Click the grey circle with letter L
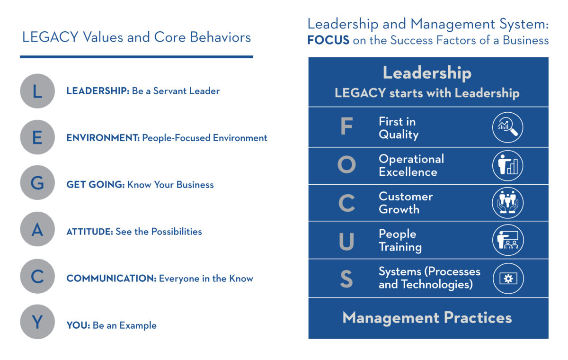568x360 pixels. coord(37,91)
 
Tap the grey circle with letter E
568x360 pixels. coord(37,137)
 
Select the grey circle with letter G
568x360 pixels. coord(37,183)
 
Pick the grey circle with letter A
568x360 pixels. coord(37,229)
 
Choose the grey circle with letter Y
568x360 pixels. coord(37,322)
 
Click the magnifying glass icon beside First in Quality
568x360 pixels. coord(507,127)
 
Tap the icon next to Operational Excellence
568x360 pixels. coord(507,165)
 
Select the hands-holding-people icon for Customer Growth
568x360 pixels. coord(507,203)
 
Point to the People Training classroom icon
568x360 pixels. coord(508,240)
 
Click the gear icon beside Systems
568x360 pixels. coord(508,279)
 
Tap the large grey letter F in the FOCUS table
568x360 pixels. coord(346,126)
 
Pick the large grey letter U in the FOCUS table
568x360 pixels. coord(346,241)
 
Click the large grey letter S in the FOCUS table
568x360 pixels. coord(346,279)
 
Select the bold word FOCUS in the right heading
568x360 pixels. coord(328,40)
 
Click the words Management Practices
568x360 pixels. coord(427,318)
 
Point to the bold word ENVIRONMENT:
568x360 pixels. coord(103,138)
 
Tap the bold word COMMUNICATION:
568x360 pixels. coord(111,279)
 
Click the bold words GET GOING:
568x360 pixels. coord(96,184)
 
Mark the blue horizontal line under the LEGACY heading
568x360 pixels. coord(136,57)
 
